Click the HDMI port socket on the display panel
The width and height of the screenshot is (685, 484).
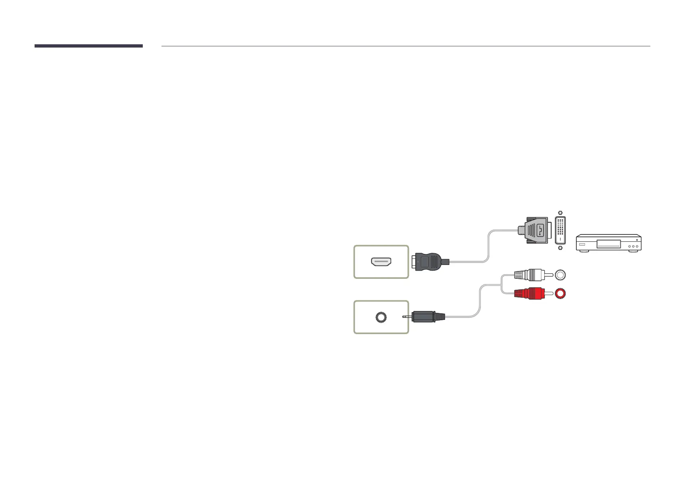(381, 262)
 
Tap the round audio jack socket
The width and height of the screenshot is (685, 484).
(381, 317)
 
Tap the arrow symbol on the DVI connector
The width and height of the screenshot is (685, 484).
(540, 230)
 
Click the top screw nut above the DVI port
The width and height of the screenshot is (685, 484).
(561, 213)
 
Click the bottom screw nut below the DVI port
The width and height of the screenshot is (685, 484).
(561, 247)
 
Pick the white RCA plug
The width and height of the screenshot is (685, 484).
(529, 275)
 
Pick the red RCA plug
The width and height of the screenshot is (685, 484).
(529, 293)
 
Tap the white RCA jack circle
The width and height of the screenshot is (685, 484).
(560, 275)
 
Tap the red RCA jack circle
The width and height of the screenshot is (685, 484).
(560, 293)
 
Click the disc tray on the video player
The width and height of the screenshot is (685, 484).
(608, 244)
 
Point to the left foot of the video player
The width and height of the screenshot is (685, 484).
(584, 252)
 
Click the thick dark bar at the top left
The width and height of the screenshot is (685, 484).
(88, 46)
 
